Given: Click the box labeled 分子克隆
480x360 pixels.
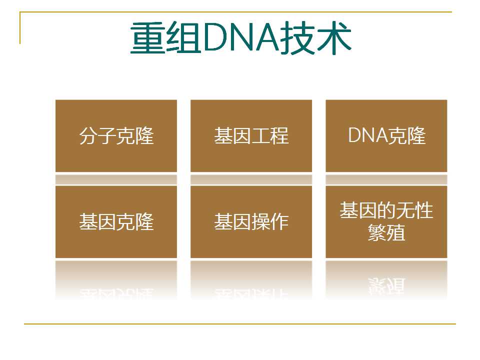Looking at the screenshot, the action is pos(116,135).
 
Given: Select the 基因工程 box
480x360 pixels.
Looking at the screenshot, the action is pos(251,135).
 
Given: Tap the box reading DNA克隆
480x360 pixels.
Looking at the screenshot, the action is pos(386,135).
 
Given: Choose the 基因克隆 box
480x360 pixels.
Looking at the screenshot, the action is pos(116,221).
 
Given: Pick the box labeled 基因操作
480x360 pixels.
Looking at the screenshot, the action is pos(251,221).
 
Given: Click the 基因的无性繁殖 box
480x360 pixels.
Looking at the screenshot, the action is pos(386,221).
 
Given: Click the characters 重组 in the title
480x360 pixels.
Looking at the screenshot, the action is pos(166,37).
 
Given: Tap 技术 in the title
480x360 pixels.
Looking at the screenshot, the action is pos(315,37).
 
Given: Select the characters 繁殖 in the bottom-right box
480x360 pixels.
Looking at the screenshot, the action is pos(386,233).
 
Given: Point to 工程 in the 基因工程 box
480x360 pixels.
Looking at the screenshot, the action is pos(270,135).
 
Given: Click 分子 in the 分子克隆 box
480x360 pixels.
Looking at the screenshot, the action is pos(97,135).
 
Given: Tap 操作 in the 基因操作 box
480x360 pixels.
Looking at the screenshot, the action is pos(270,221).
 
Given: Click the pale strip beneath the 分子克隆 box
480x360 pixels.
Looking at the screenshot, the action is pos(116,179).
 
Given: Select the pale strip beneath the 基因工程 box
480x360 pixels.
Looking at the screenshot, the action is pos(251,179).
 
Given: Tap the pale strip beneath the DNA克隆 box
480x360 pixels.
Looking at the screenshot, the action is pos(386,179).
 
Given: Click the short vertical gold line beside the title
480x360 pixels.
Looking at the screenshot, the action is pos(20,28).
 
